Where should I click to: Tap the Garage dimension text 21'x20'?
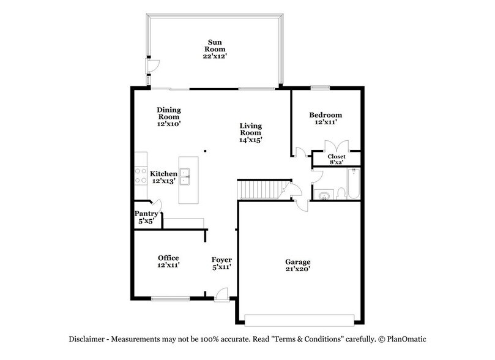(x=297, y=269)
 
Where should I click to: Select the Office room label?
(x=168, y=258)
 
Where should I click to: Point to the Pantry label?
(x=147, y=214)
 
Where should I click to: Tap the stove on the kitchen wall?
(x=140, y=176)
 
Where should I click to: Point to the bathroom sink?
(x=323, y=196)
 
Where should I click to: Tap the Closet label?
(x=337, y=157)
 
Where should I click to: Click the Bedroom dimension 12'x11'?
(x=325, y=122)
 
